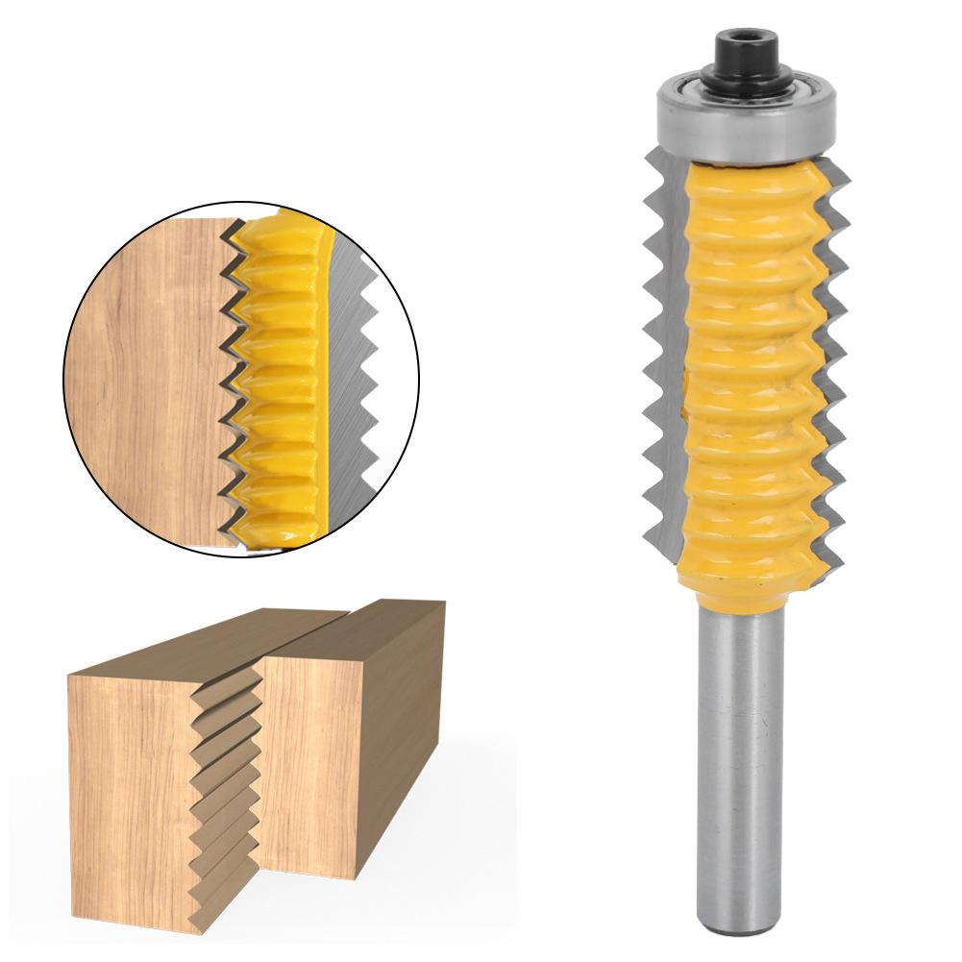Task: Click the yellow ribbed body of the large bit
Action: [x=745, y=365]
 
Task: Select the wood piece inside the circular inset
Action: [x=144, y=375]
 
